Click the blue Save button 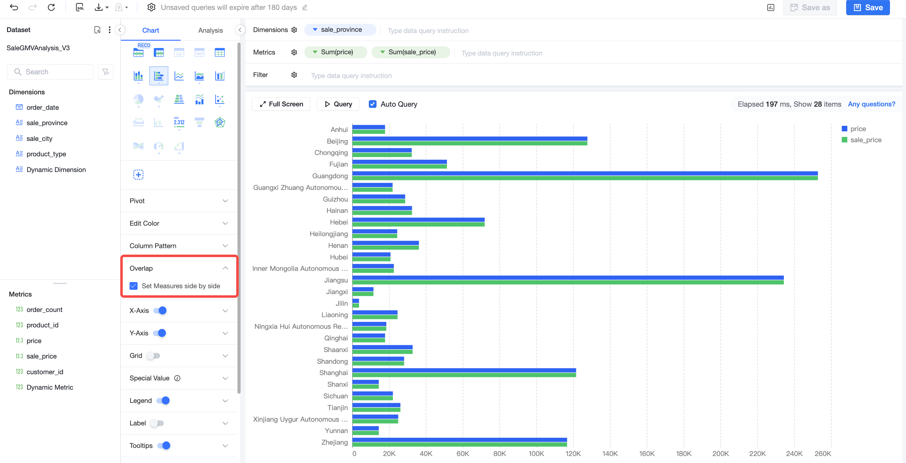[868, 7]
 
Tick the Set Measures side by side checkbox [134, 286]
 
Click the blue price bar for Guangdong [585, 173]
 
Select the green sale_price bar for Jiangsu [568, 282]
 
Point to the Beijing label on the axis [337, 141]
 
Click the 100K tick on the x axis [536, 453]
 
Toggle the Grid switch [154, 355]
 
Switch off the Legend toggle [163, 400]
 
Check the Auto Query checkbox [373, 104]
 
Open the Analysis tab [210, 30]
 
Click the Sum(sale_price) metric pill [410, 52]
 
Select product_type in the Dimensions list [46, 154]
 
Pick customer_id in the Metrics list [45, 371]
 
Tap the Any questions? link [871, 104]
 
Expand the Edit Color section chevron [225, 223]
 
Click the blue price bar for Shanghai [464, 370]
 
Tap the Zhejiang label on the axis [334, 442]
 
